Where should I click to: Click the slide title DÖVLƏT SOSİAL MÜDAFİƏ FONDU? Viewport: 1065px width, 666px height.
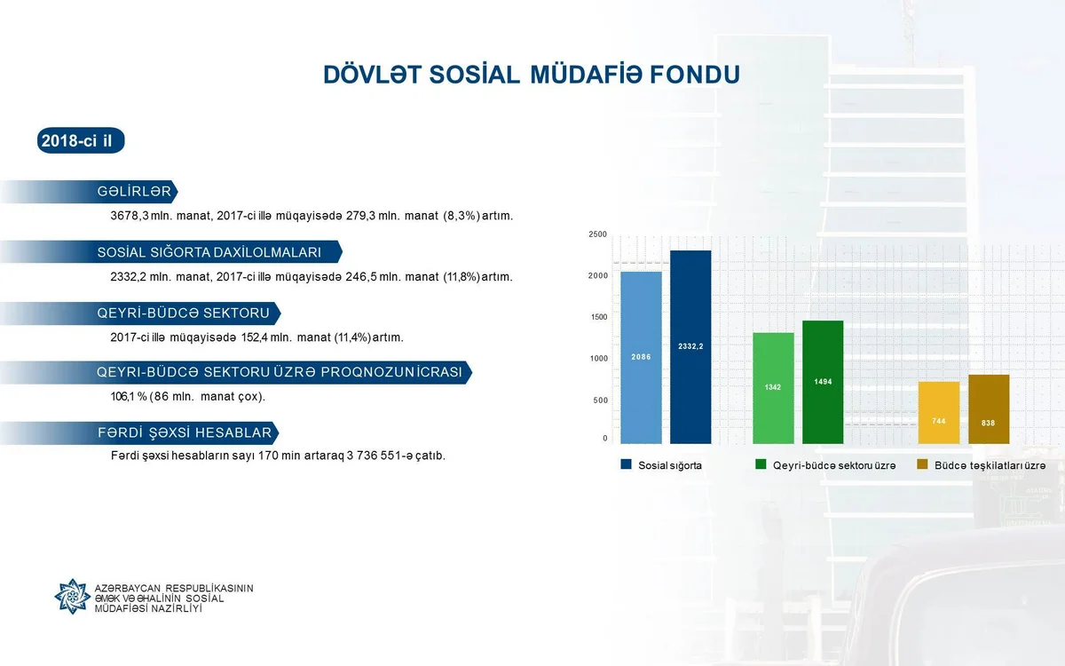(x=531, y=75)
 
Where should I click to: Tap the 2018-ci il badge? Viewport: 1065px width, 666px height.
(x=81, y=141)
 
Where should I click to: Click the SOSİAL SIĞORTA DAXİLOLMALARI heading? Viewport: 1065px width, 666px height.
(x=209, y=252)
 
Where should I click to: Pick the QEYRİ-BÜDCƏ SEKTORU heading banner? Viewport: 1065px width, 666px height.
(x=183, y=313)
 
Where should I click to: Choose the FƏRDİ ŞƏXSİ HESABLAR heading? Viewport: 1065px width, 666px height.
(x=184, y=432)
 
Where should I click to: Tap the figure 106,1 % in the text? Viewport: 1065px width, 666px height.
(x=128, y=396)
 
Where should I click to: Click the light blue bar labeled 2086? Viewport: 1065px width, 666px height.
(x=641, y=357)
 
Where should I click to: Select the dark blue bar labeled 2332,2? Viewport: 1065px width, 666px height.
(x=690, y=346)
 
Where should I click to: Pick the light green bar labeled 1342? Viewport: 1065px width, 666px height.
(x=773, y=388)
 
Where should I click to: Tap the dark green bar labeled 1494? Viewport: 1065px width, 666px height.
(x=823, y=382)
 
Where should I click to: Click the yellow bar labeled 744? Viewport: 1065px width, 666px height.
(x=939, y=413)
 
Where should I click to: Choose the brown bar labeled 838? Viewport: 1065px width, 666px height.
(x=989, y=409)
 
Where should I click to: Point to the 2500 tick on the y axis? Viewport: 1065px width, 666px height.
(x=597, y=234)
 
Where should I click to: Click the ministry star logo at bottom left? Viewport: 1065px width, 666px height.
(x=72, y=596)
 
